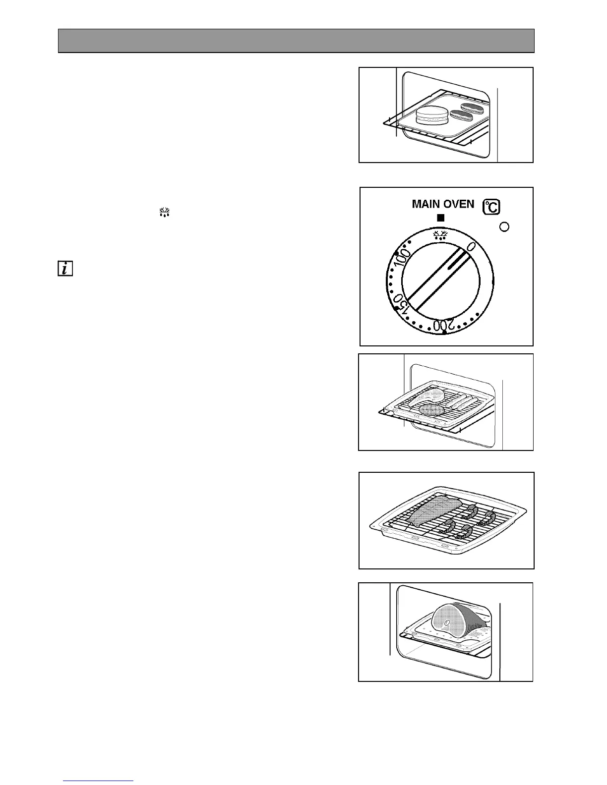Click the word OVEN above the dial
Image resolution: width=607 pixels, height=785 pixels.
[x=458, y=204]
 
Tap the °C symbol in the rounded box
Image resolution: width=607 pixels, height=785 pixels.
[x=491, y=207]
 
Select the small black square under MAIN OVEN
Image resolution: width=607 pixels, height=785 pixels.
[x=440, y=218]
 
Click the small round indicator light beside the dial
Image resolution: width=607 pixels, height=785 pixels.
[x=504, y=227]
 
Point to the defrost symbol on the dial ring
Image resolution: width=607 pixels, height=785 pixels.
[x=440, y=234]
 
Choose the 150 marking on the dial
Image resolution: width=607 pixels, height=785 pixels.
[x=401, y=303]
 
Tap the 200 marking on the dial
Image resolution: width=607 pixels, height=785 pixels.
[x=443, y=326]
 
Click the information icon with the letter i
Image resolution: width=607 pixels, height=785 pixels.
[x=65, y=269]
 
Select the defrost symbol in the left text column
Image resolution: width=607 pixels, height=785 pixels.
[x=165, y=213]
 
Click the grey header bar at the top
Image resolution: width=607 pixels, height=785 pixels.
[x=296, y=41]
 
